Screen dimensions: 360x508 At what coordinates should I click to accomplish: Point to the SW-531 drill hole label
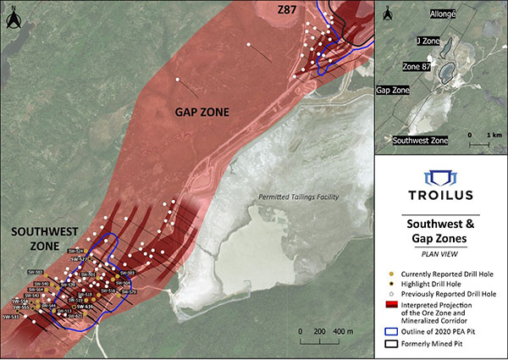[11, 316]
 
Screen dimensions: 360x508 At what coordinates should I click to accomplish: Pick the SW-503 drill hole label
[124, 272]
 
